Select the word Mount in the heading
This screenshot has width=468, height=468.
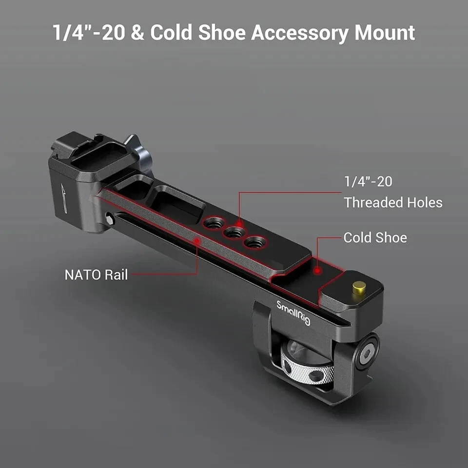point(385,33)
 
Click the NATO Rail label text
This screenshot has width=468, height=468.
point(96,274)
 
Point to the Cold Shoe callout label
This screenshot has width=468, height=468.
point(375,238)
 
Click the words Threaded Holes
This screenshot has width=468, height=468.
point(393,202)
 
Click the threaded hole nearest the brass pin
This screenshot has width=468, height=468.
point(255,241)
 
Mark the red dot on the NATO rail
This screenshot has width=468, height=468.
point(196,240)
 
